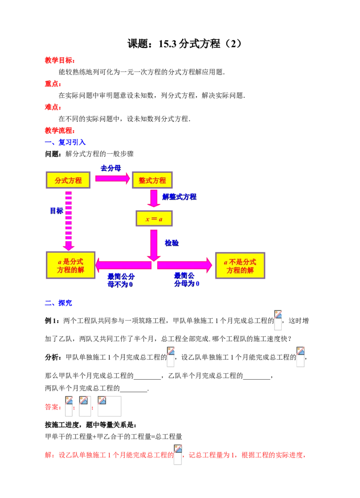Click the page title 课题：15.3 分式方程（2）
(x=184, y=44)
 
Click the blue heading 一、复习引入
(x=65, y=142)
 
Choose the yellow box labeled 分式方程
(x=68, y=180)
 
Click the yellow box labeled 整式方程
(x=152, y=180)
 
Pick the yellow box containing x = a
(x=154, y=219)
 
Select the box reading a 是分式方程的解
(x=71, y=265)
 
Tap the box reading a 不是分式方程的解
(x=240, y=265)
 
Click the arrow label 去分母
(x=111, y=168)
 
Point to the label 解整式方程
(x=179, y=197)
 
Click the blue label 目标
(x=57, y=211)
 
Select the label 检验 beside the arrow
(x=171, y=243)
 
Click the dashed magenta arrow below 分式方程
(x=68, y=221)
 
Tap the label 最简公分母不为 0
(x=121, y=280)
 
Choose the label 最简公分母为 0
(x=187, y=279)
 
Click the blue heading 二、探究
(x=58, y=303)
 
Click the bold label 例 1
(x=51, y=321)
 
